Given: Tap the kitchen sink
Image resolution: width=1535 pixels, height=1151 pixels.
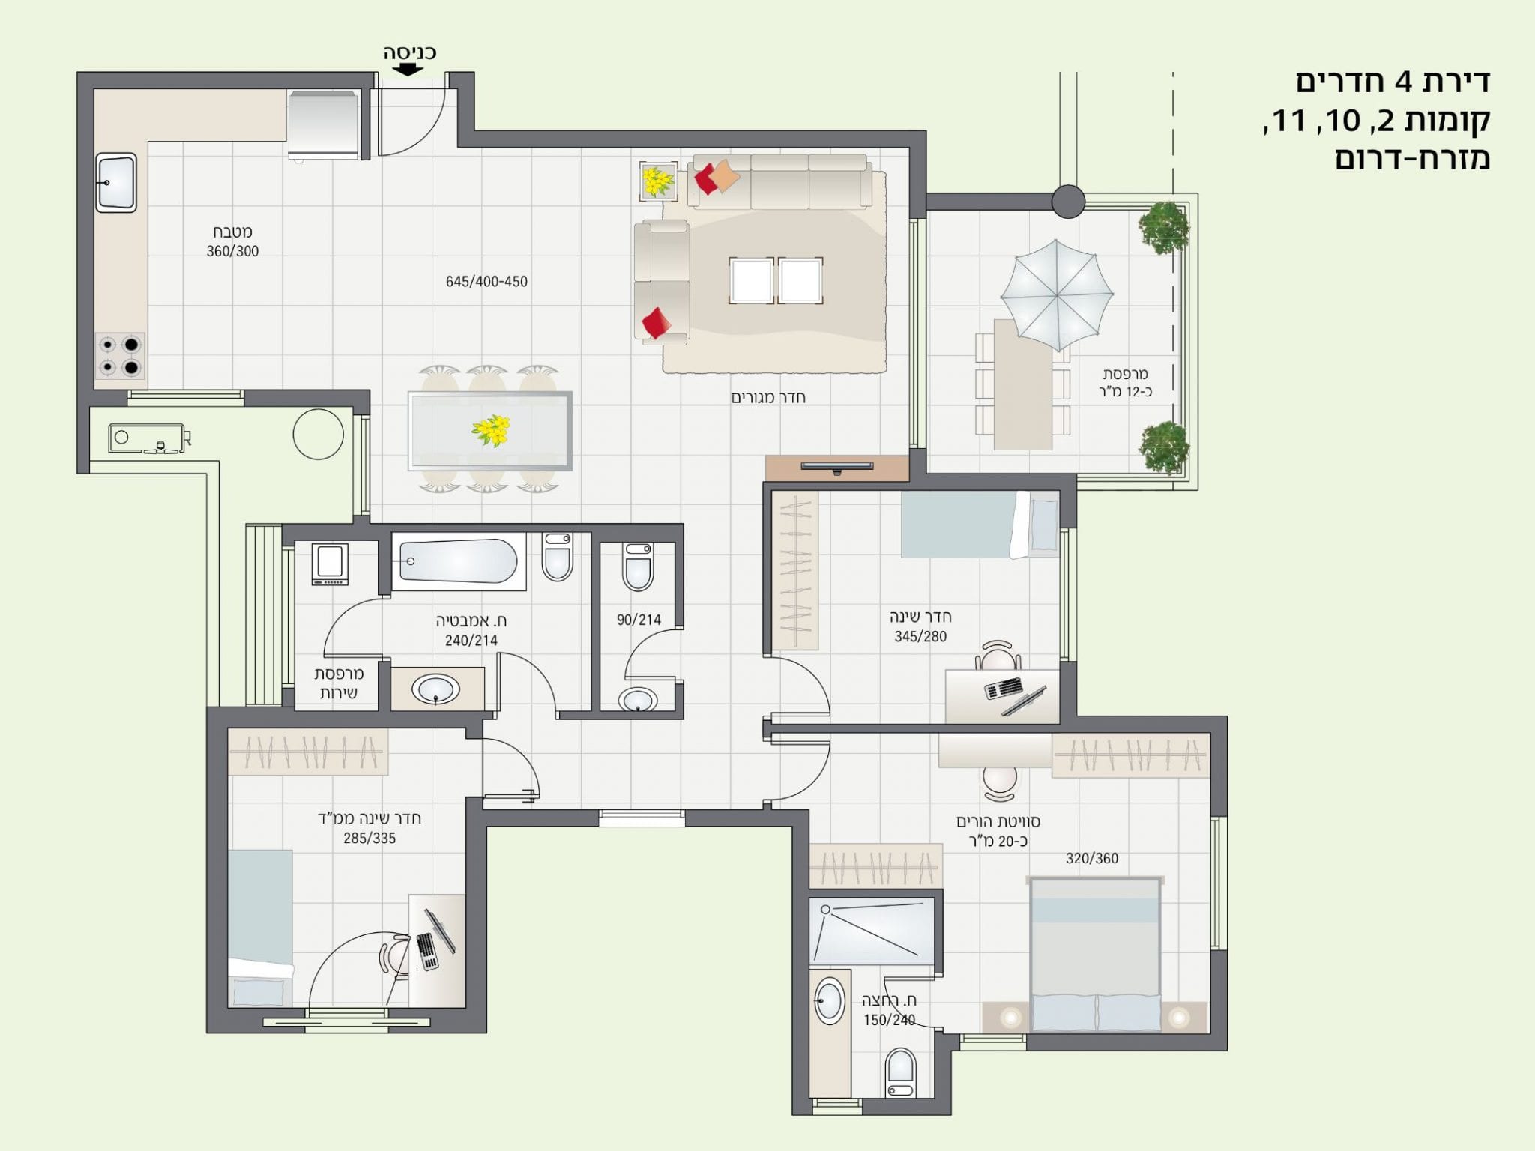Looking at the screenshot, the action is pyautogui.click(x=116, y=183).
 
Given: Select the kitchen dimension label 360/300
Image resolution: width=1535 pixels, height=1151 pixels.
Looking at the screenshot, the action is pyautogui.click(x=232, y=252).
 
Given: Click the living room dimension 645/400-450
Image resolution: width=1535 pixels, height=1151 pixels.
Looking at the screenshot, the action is pyautogui.click(x=486, y=282).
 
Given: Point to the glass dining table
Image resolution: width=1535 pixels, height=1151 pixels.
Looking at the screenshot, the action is pyautogui.click(x=490, y=431).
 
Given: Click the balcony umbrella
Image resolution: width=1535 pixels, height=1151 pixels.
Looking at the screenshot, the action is pyautogui.click(x=1056, y=294).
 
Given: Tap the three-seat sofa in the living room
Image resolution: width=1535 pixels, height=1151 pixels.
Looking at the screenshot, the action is pyautogui.click(x=779, y=181).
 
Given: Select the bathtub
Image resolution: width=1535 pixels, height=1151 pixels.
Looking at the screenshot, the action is pyautogui.click(x=458, y=561).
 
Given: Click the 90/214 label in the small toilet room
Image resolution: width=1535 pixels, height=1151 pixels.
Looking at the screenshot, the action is pyautogui.click(x=639, y=620).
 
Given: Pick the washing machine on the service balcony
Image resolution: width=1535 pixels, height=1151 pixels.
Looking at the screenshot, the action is pyautogui.click(x=330, y=564).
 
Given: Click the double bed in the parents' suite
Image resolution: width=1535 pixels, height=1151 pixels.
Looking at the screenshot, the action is pyautogui.click(x=1096, y=955).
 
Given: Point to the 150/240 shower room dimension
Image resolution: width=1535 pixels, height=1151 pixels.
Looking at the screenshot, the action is pyautogui.click(x=889, y=1020).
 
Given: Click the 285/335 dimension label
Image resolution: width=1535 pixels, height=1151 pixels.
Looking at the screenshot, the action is pyautogui.click(x=370, y=839).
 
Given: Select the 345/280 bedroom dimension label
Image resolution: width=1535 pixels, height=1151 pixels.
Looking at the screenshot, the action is pyautogui.click(x=920, y=636).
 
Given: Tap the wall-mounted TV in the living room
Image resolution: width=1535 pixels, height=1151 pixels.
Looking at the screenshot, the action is pyautogui.click(x=837, y=467).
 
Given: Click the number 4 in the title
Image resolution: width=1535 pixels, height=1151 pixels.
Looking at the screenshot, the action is pyautogui.click(x=1403, y=82).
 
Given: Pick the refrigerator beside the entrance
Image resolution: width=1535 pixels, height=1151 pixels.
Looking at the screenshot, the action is pyautogui.click(x=324, y=125).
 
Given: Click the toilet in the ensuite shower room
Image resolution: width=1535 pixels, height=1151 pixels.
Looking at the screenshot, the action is pyautogui.click(x=901, y=1072).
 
